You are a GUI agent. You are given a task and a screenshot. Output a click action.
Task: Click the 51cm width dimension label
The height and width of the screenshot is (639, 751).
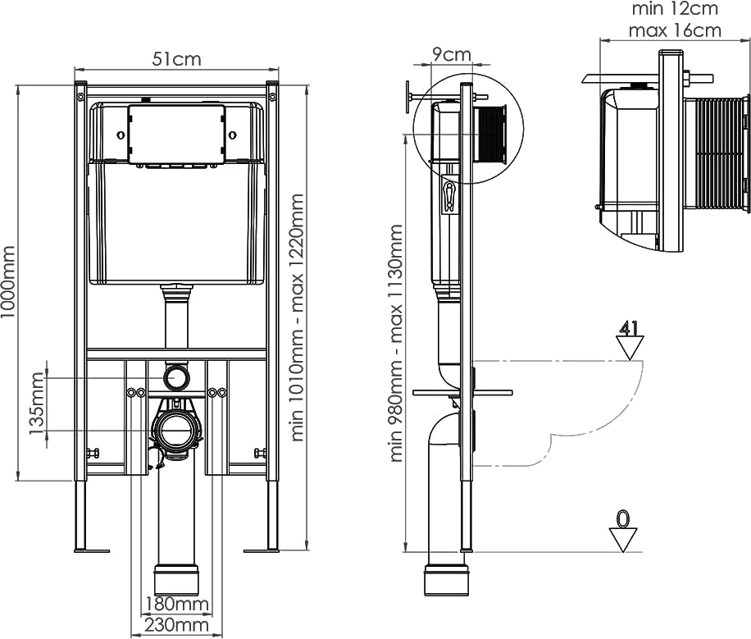click(x=176, y=59)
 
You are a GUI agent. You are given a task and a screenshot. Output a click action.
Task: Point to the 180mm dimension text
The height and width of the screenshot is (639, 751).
click(x=176, y=605)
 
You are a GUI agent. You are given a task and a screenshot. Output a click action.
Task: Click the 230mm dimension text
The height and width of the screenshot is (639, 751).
click(x=176, y=625)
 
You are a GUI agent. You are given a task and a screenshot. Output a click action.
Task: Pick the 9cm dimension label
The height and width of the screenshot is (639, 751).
click(x=451, y=55)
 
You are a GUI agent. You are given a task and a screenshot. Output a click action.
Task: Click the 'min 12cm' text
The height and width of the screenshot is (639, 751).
click(x=675, y=9)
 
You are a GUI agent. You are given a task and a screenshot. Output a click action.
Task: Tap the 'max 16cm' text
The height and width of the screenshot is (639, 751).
click(x=675, y=30)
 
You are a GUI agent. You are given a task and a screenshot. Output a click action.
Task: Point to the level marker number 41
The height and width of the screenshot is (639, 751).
click(x=629, y=329)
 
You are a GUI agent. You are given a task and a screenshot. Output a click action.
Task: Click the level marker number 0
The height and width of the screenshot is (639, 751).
click(x=623, y=518)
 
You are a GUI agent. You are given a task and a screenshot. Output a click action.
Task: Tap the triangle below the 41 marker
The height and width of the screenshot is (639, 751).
click(x=629, y=349)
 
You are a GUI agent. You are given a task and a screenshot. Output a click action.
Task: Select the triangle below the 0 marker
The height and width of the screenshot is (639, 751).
click(x=623, y=540)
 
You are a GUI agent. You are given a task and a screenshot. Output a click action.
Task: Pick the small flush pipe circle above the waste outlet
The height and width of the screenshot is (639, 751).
click(x=175, y=377)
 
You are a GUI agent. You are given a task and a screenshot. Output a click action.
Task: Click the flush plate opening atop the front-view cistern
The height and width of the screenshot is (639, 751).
click(x=176, y=134)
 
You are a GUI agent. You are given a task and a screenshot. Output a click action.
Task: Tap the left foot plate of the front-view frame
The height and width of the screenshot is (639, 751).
click(x=93, y=550)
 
